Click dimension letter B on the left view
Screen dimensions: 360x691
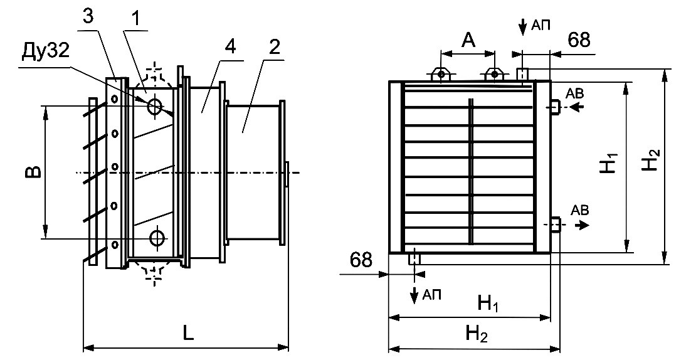35,171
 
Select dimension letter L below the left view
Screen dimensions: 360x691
188,333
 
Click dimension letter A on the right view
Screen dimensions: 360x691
468,40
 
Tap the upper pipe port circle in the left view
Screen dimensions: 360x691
155,107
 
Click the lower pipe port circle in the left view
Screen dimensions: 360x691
157,238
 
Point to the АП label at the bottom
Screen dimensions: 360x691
431,294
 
